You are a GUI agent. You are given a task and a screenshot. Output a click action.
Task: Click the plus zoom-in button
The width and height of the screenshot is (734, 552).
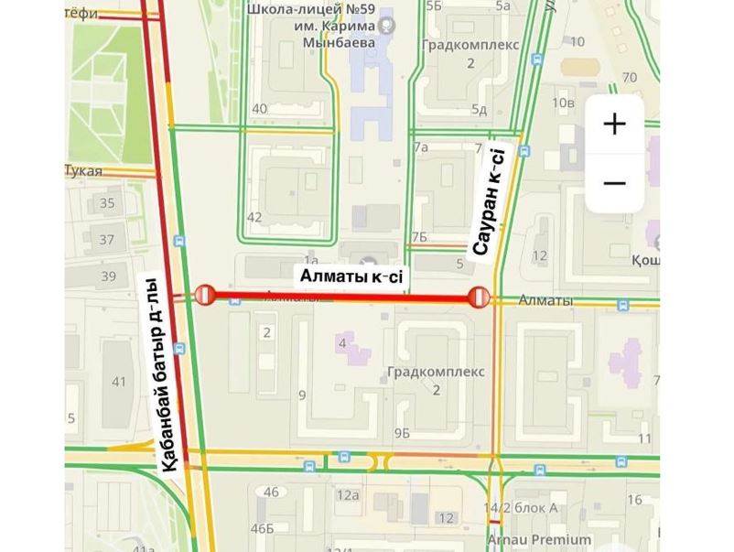click(x=614, y=124)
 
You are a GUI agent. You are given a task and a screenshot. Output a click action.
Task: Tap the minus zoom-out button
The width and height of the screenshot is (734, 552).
click(x=614, y=183)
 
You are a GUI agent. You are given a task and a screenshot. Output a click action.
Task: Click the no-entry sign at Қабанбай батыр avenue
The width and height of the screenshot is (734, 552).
click(x=204, y=295)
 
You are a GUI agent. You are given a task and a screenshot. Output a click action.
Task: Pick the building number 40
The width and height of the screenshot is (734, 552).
click(x=259, y=109)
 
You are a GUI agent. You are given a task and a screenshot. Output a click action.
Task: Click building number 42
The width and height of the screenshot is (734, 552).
click(x=254, y=217)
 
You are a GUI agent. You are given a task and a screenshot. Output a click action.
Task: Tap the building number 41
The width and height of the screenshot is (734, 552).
click(x=118, y=381)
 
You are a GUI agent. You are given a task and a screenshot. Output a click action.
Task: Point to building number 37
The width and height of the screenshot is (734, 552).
click(x=107, y=240)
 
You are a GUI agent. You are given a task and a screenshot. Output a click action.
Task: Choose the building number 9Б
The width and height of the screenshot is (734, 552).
click(x=401, y=432)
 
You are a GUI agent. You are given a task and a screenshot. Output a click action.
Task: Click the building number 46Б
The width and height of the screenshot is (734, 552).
click(x=263, y=528)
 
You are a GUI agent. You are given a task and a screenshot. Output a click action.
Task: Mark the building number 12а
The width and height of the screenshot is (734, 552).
click(x=347, y=495)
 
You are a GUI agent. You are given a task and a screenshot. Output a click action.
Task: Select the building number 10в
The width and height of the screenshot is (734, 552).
click(x=563, y=102)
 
